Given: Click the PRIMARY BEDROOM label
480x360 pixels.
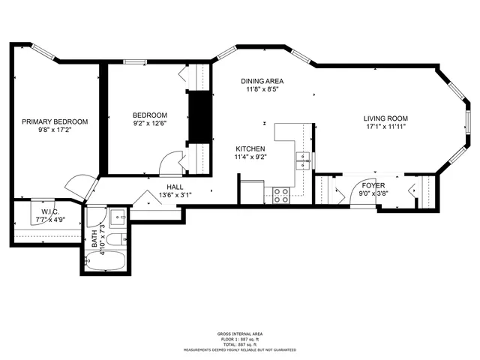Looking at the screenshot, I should (55, 121).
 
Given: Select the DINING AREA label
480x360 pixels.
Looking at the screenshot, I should (262, 81).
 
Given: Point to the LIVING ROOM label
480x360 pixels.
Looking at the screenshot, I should (385, 118).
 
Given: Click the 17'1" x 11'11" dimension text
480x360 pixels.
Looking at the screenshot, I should (385, 127).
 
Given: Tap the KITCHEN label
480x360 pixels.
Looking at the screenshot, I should (250, 148).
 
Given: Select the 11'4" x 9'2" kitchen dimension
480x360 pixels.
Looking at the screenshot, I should (250, 157).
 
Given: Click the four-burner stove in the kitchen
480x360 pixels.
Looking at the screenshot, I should (283, 195).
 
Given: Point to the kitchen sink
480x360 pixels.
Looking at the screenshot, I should (303, 158).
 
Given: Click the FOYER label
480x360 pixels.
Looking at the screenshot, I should (373, 184).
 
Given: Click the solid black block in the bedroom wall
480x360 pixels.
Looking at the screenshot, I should (199, 116).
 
